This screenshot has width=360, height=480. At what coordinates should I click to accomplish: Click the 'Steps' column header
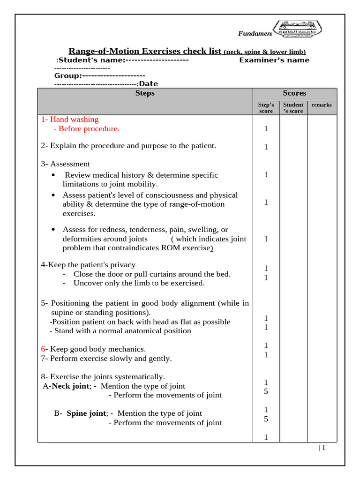point(145,93)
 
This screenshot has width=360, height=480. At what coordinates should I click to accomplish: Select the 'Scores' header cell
point(294,93)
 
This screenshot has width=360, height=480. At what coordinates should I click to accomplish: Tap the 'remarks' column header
point(322,105)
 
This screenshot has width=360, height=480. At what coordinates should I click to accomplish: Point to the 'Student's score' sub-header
point(293,108)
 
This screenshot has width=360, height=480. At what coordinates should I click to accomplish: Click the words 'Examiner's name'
point(274,60)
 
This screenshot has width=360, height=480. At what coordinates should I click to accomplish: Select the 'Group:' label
point(68,75)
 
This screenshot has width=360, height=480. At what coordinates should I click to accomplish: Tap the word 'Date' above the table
point(149,84)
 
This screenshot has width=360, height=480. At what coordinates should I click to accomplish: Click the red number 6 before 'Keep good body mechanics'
point(43,349)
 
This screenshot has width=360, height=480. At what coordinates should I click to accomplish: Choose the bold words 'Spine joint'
point(87,413)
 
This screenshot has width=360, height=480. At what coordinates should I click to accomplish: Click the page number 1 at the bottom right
point(323,448)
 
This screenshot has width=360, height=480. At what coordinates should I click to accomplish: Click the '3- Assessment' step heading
point(66,164)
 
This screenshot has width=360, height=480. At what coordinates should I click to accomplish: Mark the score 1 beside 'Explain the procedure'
point(266,147)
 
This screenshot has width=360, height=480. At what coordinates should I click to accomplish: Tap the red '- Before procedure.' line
point(86,128)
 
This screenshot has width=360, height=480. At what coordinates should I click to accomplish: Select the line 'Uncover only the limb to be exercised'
point(139,283)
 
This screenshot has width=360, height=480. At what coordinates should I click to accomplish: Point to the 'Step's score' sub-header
point(266,108)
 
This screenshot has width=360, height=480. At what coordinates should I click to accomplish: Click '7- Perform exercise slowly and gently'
point(106,359)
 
